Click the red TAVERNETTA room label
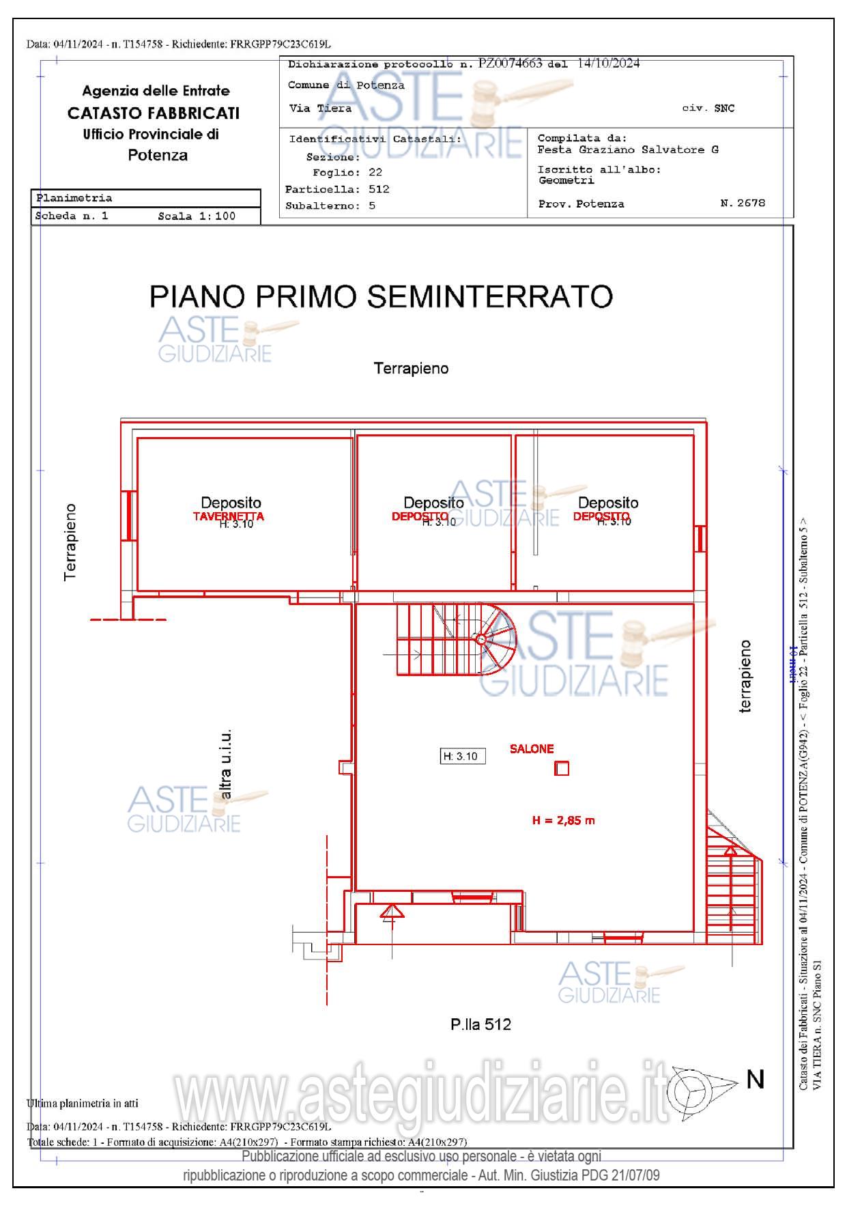[x=228, y=516]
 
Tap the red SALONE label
[x=532, y=749]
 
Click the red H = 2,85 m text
[x=563, y=820]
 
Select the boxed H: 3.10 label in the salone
[x=462, y=756]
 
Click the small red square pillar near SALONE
[x=562, y=769]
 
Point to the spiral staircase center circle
[x=480, y=639]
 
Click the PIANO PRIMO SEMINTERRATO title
[x=381, y=296]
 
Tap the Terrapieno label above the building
[x=411, y=369]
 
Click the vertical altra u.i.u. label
[x=226, y=763]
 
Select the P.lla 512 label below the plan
[x=480, y=1024]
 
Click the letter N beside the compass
[x=755, y=1080]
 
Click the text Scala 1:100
[x=197, y=216]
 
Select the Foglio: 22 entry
[x=347, y=173]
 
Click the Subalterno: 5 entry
[x=330, y=206]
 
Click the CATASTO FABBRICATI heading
[x=154, y=113]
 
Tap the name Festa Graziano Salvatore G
[x=627, y=150]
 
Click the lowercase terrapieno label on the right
[x=745, y=676]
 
